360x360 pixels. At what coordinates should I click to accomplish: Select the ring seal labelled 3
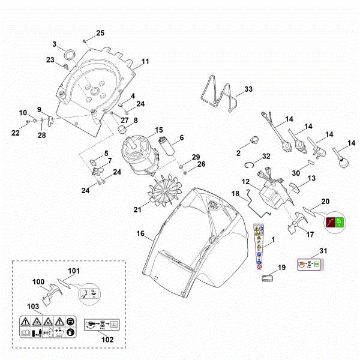point(69,56)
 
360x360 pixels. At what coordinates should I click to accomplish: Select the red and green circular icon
point(333,223)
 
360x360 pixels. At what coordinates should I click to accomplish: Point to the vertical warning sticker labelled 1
point(259,247)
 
